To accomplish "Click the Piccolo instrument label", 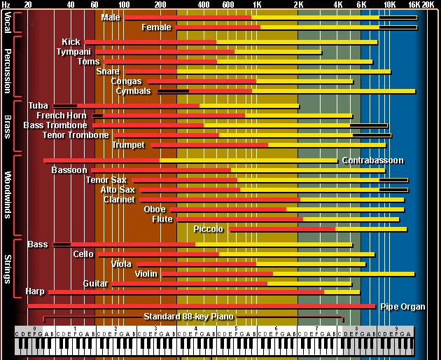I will (x=209, y=229).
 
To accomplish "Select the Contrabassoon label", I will (x=372, y=160).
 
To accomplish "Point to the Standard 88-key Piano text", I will (x=188, y=317).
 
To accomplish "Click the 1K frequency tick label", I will (x=257, y=4).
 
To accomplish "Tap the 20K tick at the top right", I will (x=428, y=4).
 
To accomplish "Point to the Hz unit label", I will (x=6, y=4).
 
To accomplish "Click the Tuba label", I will (x=38, y=106).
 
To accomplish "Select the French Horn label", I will (x=62, y=116).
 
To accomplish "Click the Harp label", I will (x=34, y=291).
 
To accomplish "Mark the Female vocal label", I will (x=156, y=27).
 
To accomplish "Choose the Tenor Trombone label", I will (x=75, y=135).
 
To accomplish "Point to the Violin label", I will (x=146, y=274).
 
